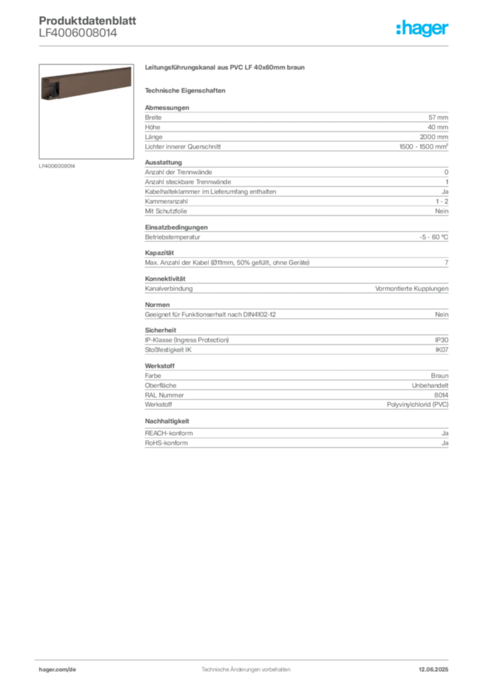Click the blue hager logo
pyautogui.click(x=423, y=29)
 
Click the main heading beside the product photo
pyautogui.click(x=226, y=68)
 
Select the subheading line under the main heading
pyautogui.click(x=187, y=90)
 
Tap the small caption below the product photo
pyautogui.click(x=59, y=166)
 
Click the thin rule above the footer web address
pyautogui.click(x=246, y=659)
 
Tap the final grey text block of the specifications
pyautogui.click(x=296, y=440)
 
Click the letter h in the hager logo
pyautogui.click(x=399, y=29)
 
